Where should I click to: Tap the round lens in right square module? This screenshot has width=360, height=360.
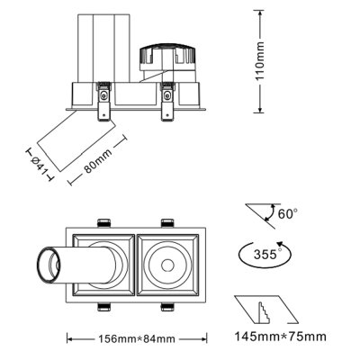click(x=169, y=265)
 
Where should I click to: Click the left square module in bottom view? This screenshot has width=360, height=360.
click(x=104, y=265)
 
